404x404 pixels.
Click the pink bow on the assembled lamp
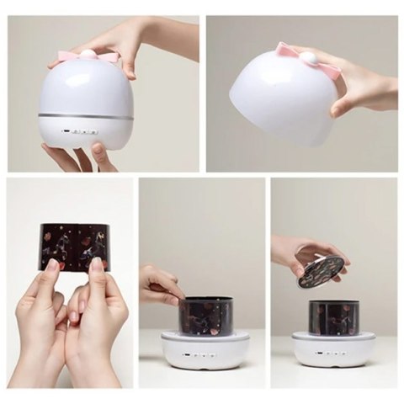[88, 56]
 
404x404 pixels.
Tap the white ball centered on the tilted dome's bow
[308, 58]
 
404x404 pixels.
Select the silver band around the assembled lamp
[86, 115]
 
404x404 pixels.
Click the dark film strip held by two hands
[74, 245]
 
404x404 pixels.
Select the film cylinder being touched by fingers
[205, 316]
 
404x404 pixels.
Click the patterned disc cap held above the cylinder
[321, 271]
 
